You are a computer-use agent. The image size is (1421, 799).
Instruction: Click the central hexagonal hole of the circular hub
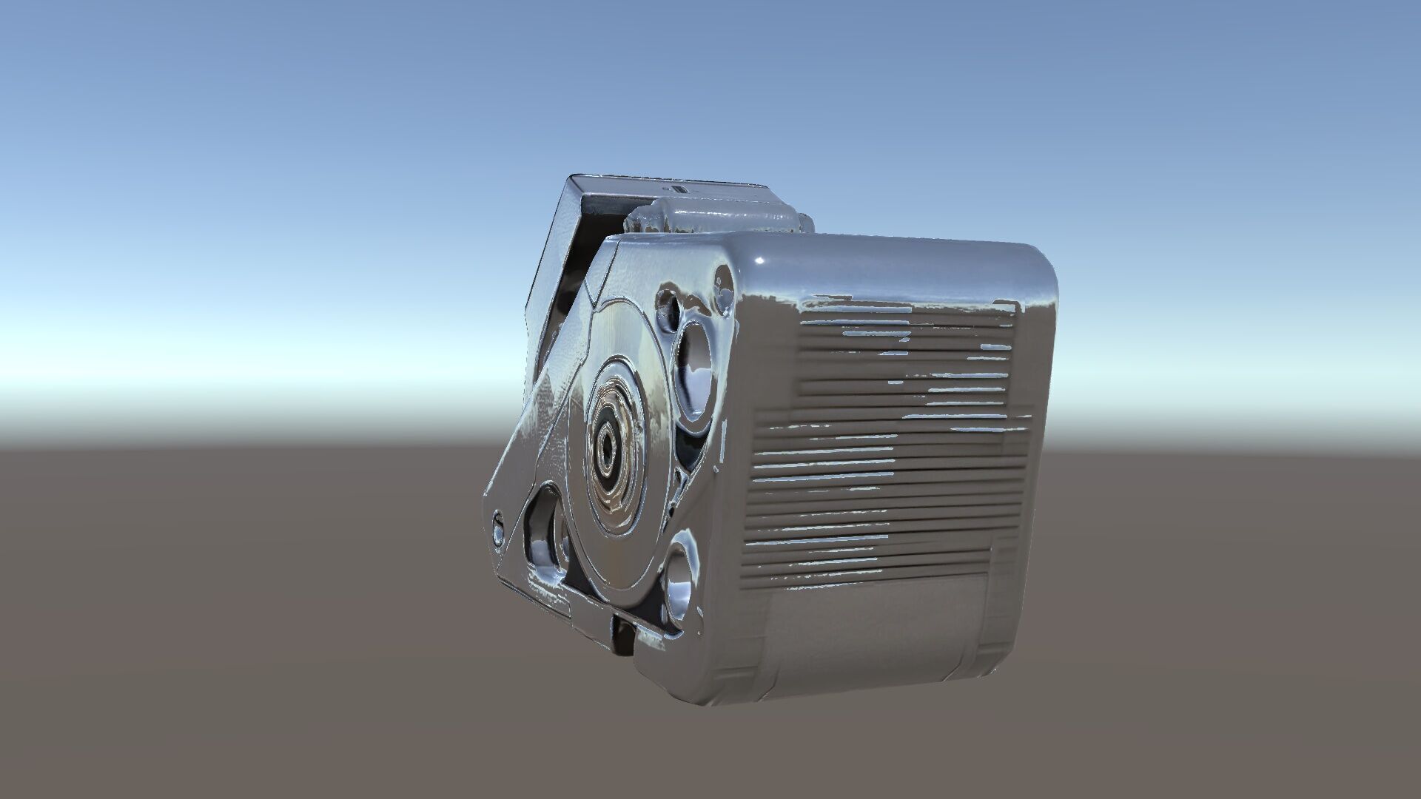[x=607, y=446]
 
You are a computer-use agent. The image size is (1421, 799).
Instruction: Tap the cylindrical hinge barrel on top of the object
[x=710, y=219]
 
